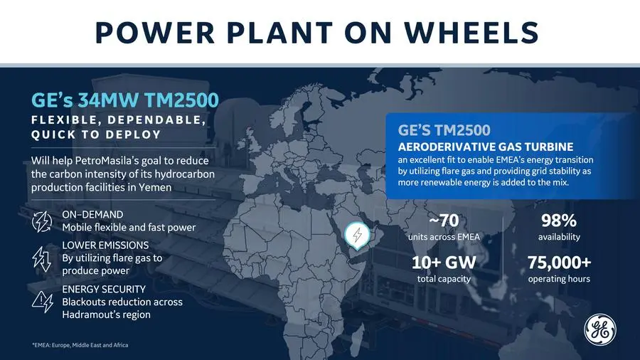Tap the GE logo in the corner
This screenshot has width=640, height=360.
point(600,330)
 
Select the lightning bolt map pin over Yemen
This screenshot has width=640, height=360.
point(357,235)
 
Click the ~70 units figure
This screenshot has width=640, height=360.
point(444,221)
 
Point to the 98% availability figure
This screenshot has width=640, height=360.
point(559,221)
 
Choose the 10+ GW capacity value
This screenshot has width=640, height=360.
point(444,263)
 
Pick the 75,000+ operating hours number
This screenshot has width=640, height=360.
point(559,263)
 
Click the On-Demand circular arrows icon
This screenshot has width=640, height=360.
point(42,222)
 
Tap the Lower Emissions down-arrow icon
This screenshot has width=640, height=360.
point(42,259)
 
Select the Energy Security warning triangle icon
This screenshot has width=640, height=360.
point(43,302)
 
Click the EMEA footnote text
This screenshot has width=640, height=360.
point(80,345)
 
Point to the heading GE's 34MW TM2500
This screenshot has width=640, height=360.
point(125,100)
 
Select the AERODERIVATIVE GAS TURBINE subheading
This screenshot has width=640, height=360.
point(486,147)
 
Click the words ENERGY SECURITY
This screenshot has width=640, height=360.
point(104,289)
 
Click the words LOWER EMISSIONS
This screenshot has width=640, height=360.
point(105,245)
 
